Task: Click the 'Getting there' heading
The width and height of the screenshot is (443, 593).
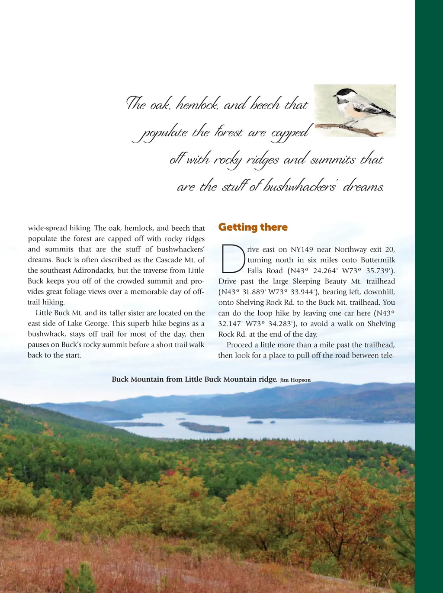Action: [253, 227]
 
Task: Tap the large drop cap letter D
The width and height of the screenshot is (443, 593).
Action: [233, 259]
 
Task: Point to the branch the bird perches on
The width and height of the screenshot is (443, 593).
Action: [346, 128]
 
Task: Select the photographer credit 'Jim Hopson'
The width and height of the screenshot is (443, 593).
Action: [295, 380]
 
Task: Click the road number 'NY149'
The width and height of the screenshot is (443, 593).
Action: [302, 249]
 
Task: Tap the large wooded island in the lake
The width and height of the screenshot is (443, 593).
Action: [205, 428]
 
